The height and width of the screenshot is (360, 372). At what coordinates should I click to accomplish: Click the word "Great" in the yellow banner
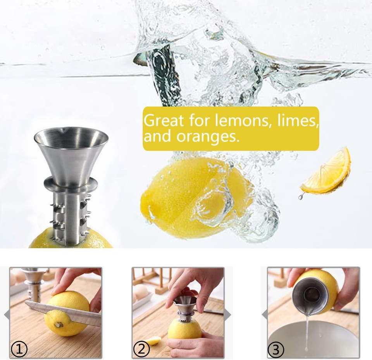[164, 121]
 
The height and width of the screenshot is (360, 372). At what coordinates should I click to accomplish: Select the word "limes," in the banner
[298, 121]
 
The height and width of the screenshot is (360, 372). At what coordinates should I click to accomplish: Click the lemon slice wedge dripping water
[326, 172]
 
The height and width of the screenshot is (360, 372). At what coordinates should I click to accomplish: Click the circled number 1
[19, 349]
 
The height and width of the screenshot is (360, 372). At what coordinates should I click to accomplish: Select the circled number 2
[141, 349]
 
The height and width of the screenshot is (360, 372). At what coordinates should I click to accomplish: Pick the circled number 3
[276, 349]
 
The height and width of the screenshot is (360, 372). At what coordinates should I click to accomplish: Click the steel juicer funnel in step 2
[185, 305]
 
